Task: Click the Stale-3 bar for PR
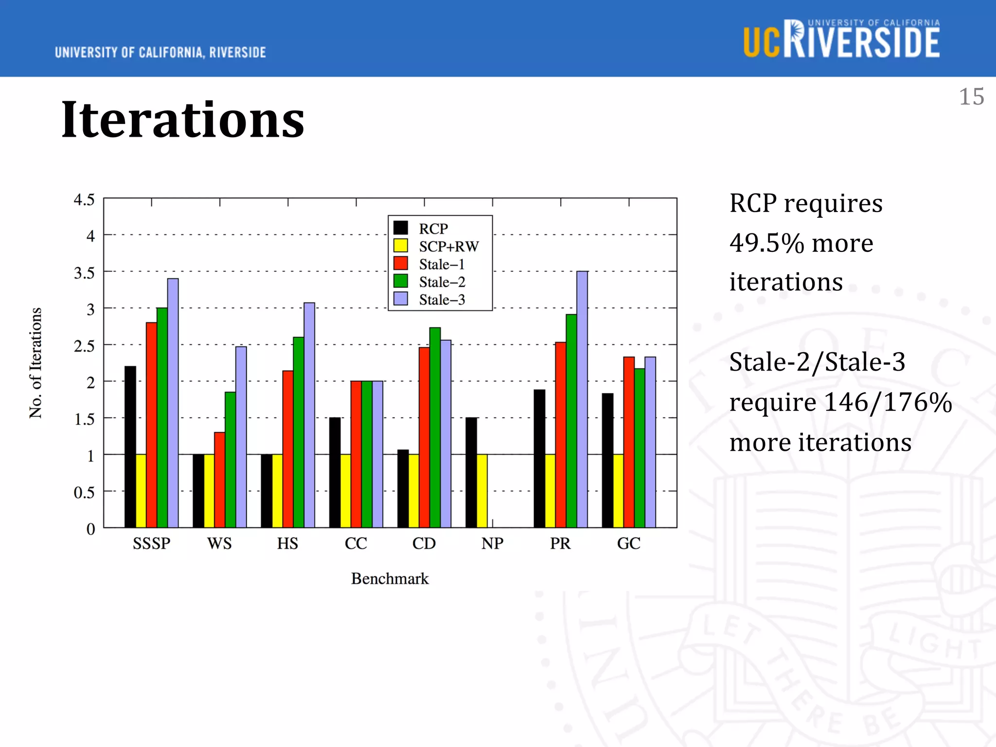coord(582,399)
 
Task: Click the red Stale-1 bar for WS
coord(220,480)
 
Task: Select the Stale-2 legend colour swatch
coord(401,281)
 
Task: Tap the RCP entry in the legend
coord(433,229)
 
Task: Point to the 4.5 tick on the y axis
coord(84,199)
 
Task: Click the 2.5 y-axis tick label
coord(84,346)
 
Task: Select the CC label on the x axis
coord(356,543)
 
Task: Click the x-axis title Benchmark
coord(390,579)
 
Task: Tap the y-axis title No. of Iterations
coord(36,363)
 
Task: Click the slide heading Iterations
coord(183,119)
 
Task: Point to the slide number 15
coord(971,97)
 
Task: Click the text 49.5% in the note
coord(766,243)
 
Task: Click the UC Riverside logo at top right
coord(841,40)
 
